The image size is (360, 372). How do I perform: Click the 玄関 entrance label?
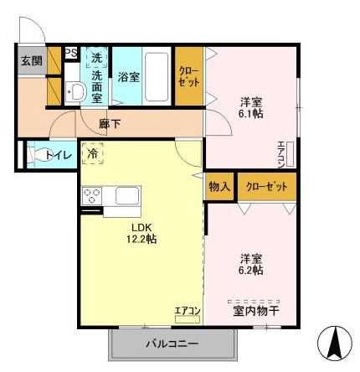pos(32,61)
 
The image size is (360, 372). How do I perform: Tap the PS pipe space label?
pos(71,53)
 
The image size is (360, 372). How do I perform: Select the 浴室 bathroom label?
pos(128,77)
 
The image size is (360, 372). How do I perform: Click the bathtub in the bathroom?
pos(157,77)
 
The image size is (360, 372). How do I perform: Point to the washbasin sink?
pos(75,91)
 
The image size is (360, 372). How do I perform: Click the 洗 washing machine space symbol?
pos(97,58)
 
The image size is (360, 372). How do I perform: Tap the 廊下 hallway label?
pos(110,124)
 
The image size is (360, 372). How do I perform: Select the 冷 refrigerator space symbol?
pos(93,153)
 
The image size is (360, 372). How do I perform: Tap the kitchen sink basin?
pos(127,195)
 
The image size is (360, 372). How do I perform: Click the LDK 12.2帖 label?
pos(141,233)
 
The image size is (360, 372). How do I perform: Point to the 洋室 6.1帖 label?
pos(252,108)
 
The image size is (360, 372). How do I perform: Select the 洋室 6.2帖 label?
pos(252,264)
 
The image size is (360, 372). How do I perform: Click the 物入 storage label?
pos(219,187)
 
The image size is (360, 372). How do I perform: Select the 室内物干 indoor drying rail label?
pos(256,312)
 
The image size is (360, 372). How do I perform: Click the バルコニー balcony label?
pos(172,344)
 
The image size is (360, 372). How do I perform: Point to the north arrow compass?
pos(335,343)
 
